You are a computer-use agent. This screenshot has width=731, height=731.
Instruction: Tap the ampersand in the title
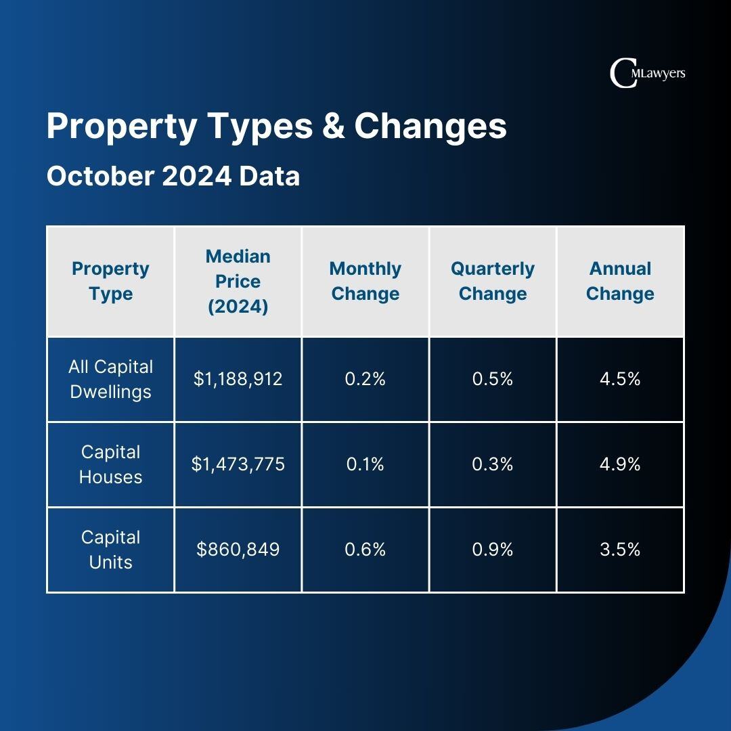click(x=333, y=127)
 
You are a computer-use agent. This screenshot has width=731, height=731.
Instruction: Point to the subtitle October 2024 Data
click(x=173, y=177)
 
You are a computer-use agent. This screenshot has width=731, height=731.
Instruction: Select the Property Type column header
click(x=110, y=282)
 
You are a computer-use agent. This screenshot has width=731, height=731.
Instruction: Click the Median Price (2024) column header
click(x=238, y=282)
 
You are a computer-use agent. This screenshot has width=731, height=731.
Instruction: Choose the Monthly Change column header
click(x=365, y=282)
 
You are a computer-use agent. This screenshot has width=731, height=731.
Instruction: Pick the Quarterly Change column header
click(x=493, y=282)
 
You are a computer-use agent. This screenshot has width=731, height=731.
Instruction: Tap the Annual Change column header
click(x=620, y=282)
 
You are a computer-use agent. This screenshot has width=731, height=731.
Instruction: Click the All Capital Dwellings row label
click(x=110, y=379)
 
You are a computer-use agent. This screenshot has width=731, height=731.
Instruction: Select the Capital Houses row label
click(x=110, y=464)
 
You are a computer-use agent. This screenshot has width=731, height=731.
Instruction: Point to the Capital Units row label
click(x=110, y=550)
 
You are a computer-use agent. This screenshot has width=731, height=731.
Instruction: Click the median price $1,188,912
click(x=238, y=379)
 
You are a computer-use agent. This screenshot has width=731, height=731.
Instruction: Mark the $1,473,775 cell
click(x=238, y=464)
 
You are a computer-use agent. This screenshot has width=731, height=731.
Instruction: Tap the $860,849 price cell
click(x=238, y=550)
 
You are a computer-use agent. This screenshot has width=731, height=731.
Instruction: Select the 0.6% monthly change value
click(x=365, y=550)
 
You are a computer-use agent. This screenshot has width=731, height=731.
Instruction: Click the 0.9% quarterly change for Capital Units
click(x=493, y=550)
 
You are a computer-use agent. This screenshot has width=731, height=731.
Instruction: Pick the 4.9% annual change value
click(x=620, y=464)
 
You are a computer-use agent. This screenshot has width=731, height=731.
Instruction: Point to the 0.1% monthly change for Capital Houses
click(x=365, y=464)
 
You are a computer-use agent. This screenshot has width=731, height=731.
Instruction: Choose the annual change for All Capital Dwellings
click(x=620, y=379)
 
